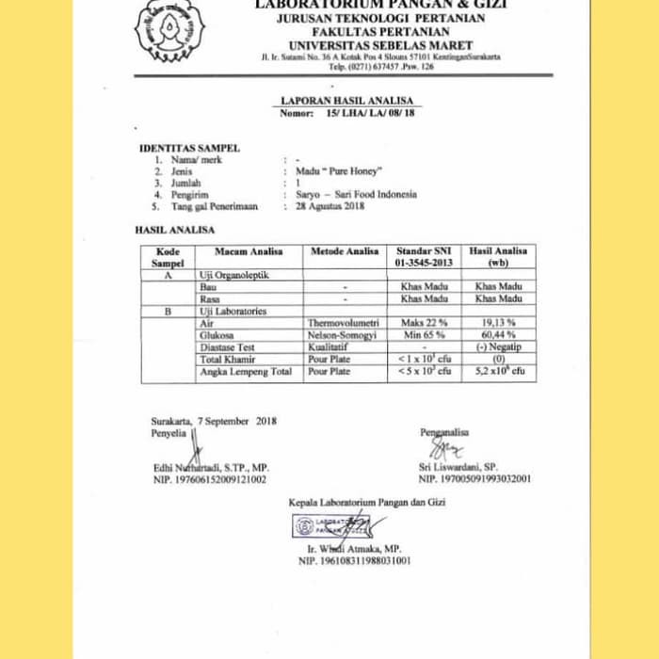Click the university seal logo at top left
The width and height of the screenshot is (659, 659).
point(169,28)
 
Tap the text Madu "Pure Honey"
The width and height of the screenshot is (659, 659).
point(338,172)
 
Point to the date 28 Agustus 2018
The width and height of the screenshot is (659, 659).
point(329,206)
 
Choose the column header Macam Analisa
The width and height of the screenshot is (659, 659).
point(249,251)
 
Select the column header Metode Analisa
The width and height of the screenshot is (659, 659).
point(345,251)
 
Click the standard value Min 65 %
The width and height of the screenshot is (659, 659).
point(425,335)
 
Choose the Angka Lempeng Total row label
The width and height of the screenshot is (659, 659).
point(246,372)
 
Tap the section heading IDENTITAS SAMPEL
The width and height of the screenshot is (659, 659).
point(189,148)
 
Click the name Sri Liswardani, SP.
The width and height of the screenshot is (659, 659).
point(458,467)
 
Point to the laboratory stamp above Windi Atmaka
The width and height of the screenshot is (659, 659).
point(329,525)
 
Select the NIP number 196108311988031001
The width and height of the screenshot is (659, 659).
point(355,561)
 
